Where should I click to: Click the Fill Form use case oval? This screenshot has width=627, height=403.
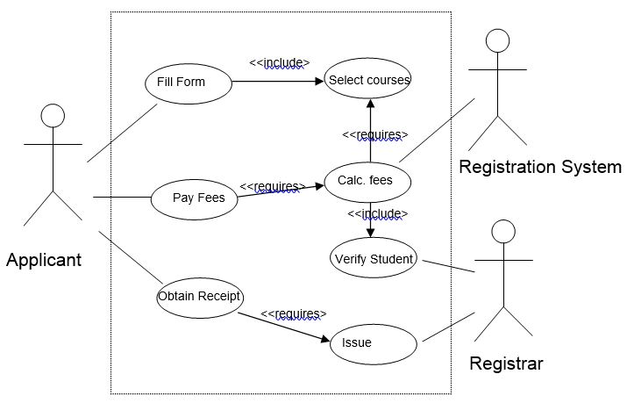[x=188, y=83]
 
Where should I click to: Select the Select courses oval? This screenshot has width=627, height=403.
[x=368, y=80]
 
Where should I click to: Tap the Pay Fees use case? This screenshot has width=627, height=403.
[x=198, y=198]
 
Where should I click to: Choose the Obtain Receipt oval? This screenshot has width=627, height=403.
[x=199, y=297]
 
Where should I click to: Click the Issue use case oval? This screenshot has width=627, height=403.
[x=368, y=342]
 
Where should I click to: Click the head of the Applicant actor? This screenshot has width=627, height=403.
[x=53, y=115]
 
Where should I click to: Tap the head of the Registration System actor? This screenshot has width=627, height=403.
[x=498, y=41]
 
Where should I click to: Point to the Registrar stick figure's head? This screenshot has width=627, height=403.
[x=502, y=232]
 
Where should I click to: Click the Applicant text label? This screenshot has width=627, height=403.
[x=44, y=260]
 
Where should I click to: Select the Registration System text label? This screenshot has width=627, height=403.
[x=540, y=167]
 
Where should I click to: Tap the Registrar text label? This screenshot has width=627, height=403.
[x=505, y=363]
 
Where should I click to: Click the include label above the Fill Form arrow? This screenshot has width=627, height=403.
[x=280, y=62]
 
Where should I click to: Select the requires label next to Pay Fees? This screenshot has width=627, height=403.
[x=272, y=186]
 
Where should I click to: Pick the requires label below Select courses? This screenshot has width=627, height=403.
[x=375, y=134]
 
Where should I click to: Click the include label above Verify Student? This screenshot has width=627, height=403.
[x=378, y=213]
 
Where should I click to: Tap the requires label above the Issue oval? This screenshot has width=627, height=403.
[x=294, y=313]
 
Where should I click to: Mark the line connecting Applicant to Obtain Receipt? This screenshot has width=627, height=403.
[x=132, y=259]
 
